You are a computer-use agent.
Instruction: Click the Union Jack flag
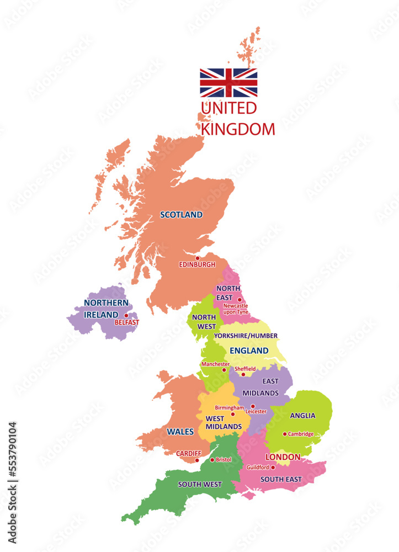[228, 83]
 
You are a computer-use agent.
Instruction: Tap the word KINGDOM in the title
[238, 129]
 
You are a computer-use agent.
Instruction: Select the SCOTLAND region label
[181, 215]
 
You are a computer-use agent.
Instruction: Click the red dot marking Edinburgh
[198, 258]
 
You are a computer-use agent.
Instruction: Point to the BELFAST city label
[127, 322]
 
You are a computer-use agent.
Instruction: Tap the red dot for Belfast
[126, 316]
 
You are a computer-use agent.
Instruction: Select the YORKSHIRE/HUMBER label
[246, 336]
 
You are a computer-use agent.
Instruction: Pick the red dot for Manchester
[224, 370]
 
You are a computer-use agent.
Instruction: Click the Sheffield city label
[246, 368]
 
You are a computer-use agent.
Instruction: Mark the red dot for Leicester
[253, 406]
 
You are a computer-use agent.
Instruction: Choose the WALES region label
[180, 432]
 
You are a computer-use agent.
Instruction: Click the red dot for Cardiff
[197, 460]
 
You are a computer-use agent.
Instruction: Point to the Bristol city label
[224, 459]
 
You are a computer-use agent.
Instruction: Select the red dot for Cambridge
[285, 434]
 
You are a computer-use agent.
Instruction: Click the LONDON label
[283, 457]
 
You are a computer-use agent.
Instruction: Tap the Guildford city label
[258, 467]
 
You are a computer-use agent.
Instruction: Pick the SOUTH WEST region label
[200, 485]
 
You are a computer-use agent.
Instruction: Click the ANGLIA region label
[302, 416]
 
